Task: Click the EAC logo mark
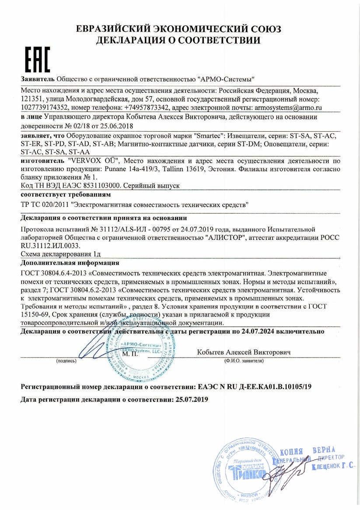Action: click(36, 60)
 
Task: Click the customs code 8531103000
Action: click(100, 186)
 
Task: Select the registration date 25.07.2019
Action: click(192, 400)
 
